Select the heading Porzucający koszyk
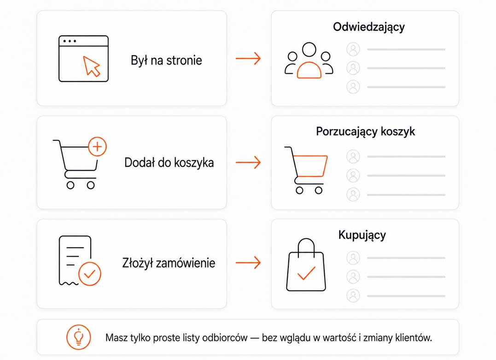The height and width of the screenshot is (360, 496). [x=365, y=132]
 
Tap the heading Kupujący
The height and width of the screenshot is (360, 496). [x=362, y=235]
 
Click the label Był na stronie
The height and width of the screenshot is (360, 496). [x=166, y=60]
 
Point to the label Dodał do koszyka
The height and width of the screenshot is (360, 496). [x=169, y=163]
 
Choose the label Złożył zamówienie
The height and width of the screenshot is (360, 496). [x=169, y=263]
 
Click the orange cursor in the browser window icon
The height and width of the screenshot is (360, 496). [x=92, y=66]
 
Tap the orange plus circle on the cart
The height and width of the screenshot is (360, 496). [x=98, y=147]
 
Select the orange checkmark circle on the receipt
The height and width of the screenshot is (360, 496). [x=90, y=274]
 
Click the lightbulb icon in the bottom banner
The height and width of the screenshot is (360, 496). [x=78, y=337]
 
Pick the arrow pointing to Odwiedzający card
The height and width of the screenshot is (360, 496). [x=248, y=58]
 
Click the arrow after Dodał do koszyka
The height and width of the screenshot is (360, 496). [x=248, y=163]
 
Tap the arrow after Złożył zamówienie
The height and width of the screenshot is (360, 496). [x=248, y=262]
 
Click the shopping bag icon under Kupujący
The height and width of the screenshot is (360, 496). [x=306, y=265]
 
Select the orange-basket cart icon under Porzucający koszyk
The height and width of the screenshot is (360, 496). [x=306, y=170]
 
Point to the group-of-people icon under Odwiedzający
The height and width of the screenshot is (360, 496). [x=309, y=60]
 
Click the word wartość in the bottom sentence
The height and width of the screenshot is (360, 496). [x=339, y=337]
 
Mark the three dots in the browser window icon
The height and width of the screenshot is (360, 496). [x=70, y=41]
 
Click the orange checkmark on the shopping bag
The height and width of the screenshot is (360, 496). [x=306, y=273]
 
